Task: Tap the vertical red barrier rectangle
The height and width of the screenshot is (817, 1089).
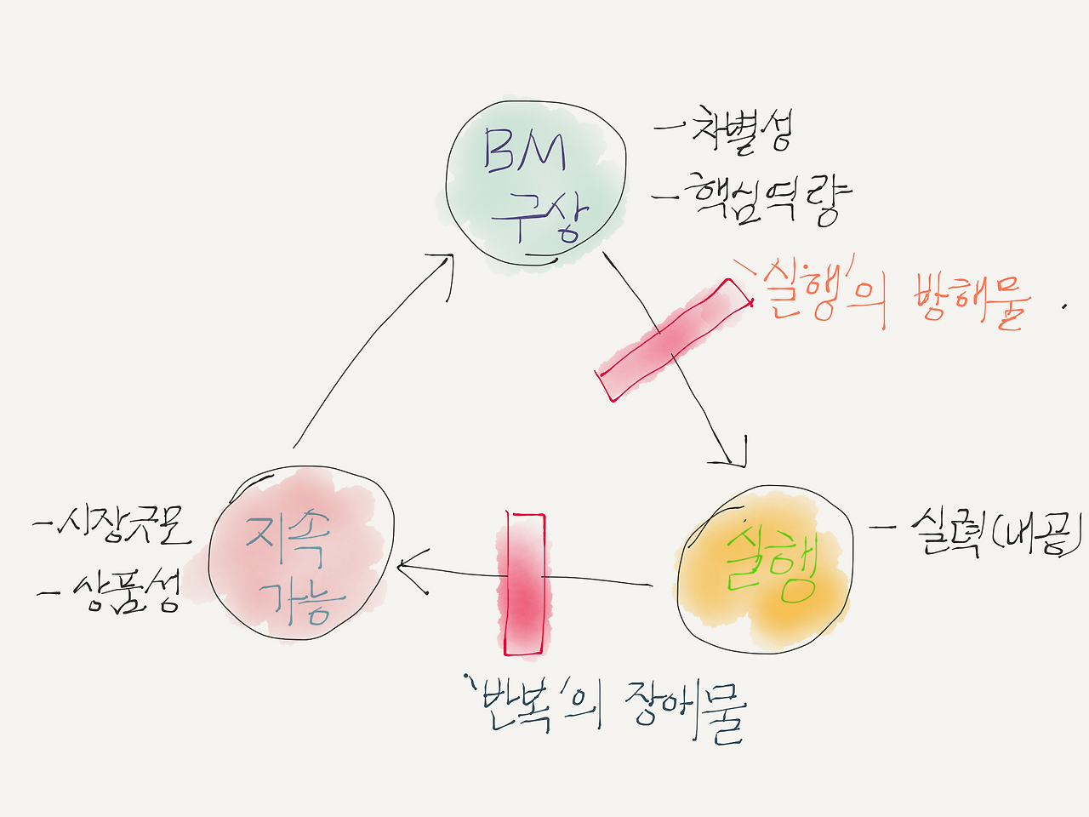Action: [x=524, y=584]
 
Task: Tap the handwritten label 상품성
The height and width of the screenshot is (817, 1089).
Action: [x=128, y=590]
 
